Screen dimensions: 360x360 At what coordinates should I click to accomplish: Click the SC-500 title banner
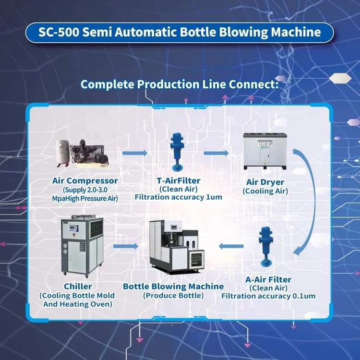click(180, 33)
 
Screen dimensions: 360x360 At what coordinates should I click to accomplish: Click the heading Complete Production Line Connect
click(180, 84)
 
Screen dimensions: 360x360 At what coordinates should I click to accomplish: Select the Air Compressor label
click(85, 181)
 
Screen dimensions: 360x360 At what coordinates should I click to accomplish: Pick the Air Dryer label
click(265, 182)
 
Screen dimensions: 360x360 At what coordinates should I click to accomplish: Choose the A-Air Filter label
click(268, 279)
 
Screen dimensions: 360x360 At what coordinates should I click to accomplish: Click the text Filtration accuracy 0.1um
click(268, 296)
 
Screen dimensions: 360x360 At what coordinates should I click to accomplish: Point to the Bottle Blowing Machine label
click(173, 287)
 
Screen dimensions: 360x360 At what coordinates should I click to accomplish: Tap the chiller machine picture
click(82, 247)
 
